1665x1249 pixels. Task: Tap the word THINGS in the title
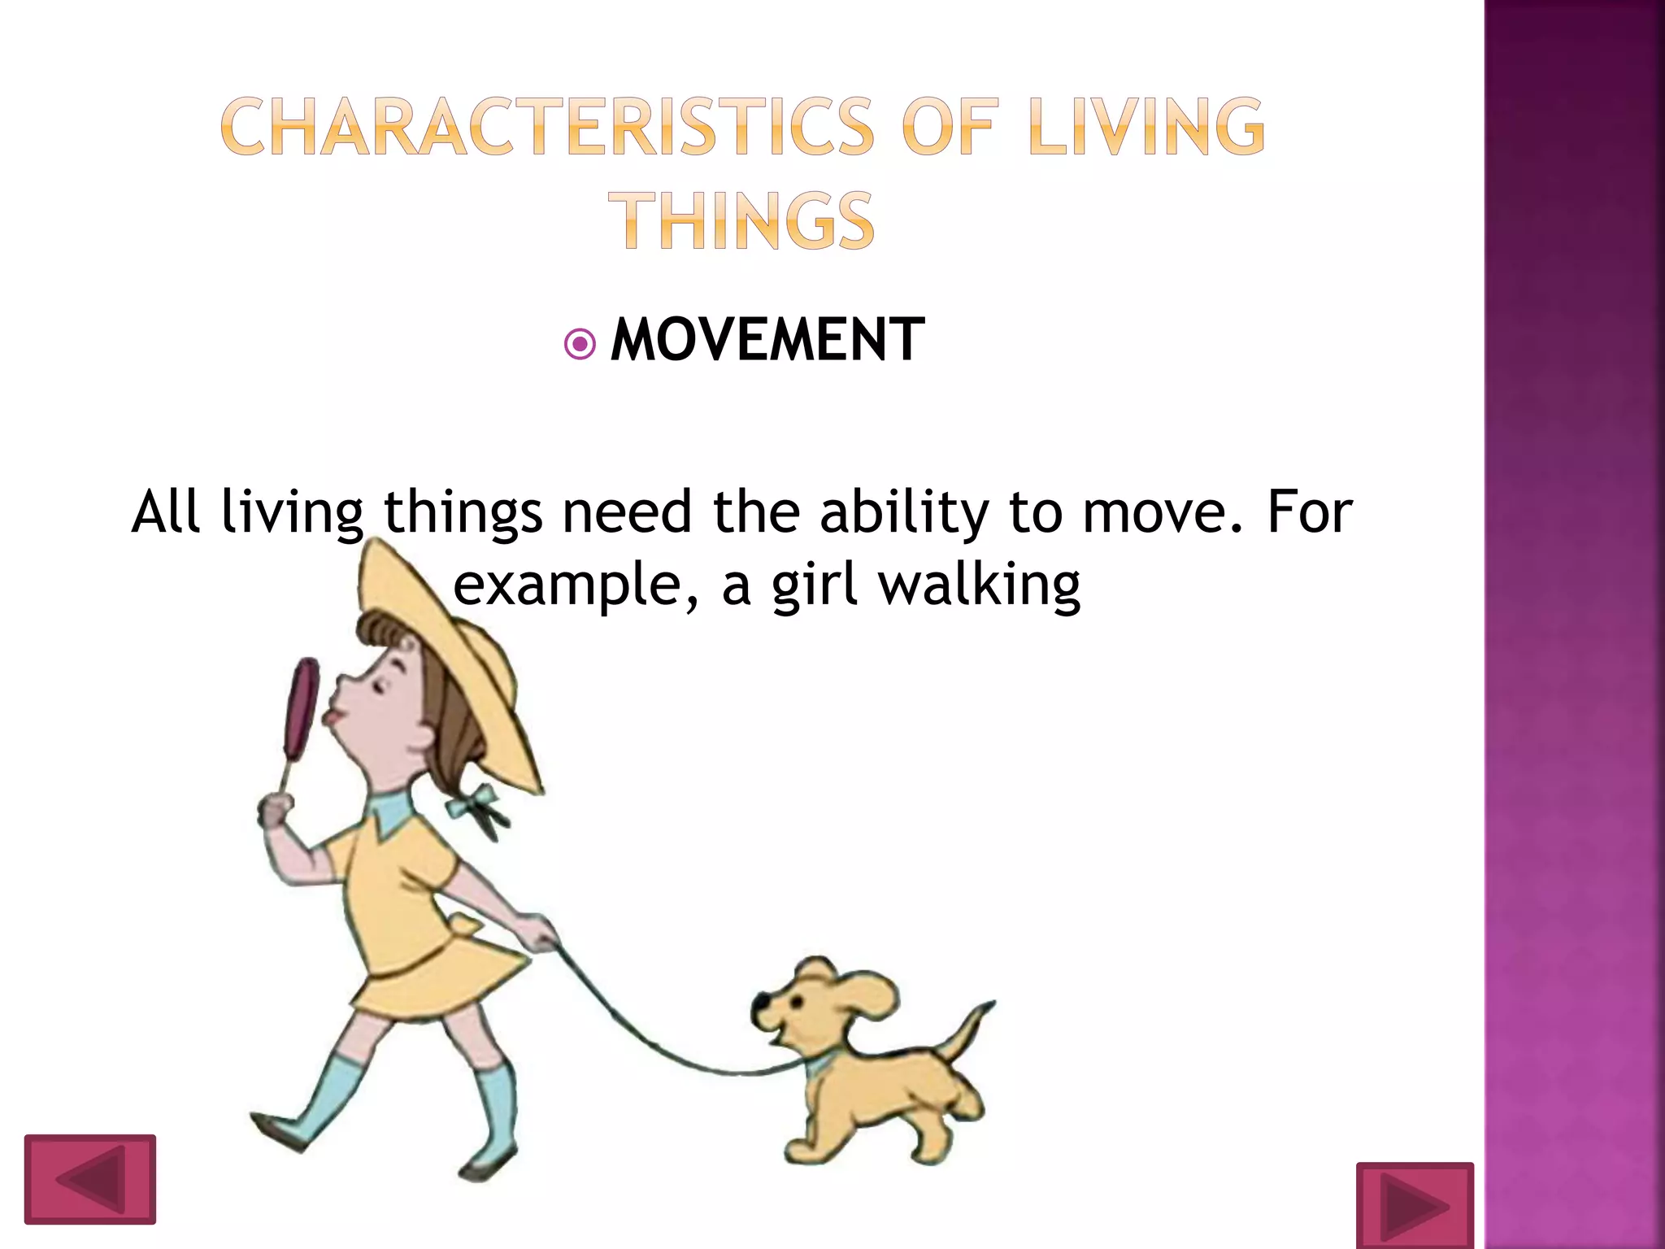[741, 220]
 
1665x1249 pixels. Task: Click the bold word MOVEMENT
[767, 340]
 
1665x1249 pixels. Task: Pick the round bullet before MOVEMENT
[580, 344]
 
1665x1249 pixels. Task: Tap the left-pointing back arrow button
[89, 1179]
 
